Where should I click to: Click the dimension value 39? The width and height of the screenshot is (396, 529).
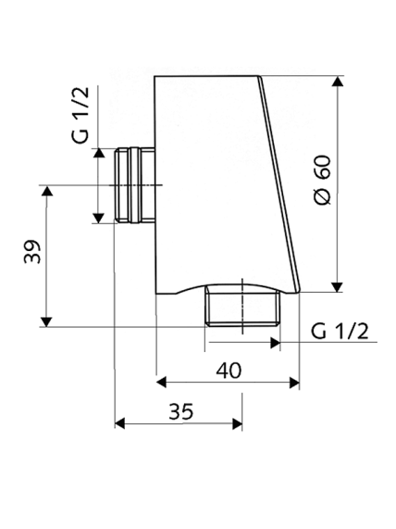[x=32, y=252]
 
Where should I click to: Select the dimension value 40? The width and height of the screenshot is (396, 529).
[x=229, y=371]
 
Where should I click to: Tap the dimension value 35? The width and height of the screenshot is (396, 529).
[x=181, y=411]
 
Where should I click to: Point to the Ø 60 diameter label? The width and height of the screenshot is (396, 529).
[x=322, y=180]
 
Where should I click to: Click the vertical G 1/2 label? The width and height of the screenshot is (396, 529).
[x=80, y=115]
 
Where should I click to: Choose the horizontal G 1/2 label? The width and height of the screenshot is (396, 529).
[x=340, y=331]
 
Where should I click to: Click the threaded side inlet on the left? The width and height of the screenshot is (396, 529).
[x=135, y=185]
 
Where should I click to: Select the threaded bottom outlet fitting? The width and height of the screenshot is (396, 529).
[x=242, y=306]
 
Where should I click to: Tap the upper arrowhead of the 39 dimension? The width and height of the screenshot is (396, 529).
[x=47, y=191]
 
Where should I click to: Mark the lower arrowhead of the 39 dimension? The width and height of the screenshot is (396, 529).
[x=47, y=321]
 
